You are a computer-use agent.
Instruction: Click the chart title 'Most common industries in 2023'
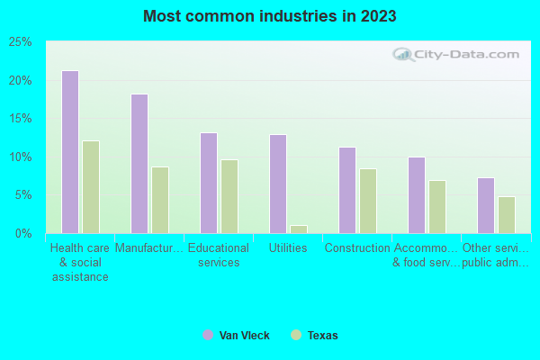pos(269,16)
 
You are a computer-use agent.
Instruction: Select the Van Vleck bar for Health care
pos(69,152)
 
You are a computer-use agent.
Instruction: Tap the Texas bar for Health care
pos(91,187)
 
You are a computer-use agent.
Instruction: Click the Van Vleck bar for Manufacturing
pos(139,164)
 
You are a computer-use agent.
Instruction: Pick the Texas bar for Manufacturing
pos(160,200)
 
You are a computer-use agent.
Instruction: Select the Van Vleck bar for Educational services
pos(208,183)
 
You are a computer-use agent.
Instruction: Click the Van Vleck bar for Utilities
pos(277,184)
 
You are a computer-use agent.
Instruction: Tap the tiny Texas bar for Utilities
pos(299,229)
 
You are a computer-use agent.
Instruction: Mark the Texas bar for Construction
pos(368,201)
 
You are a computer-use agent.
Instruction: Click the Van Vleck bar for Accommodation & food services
pos(416,195)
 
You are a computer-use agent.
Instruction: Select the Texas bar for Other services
pos(507,215)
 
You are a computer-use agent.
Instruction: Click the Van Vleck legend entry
pos(236,336)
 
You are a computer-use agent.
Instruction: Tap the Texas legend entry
pos(314,336)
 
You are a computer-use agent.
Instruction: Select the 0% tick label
pos(23,234)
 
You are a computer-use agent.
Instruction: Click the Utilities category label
pos(288,248)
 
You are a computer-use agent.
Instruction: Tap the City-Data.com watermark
pos(459,54)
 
